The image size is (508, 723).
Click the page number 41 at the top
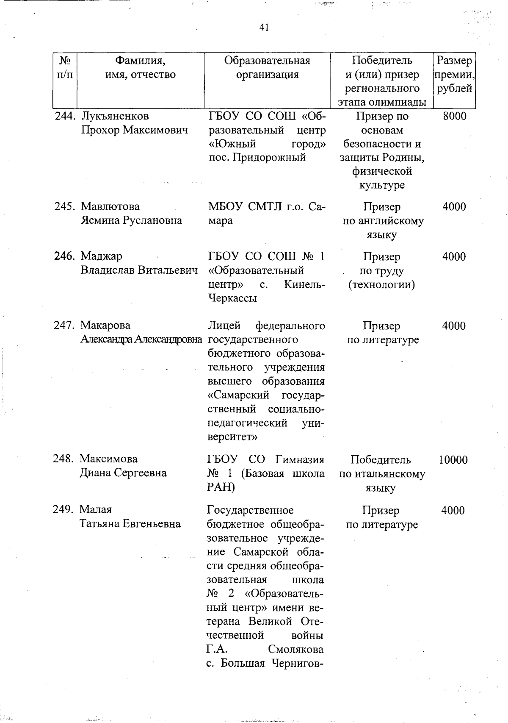[x=264, y=28]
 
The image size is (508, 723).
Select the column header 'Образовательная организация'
[x=267, y=68]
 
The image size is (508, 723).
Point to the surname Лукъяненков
[x=115, y=116]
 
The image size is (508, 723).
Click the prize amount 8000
[x=454, y=116]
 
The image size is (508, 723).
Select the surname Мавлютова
[x=110, y=207]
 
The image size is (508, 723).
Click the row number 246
[x=65, y=256]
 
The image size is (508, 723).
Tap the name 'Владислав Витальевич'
[x=139, y=270]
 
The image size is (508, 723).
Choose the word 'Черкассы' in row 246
[x=232, y=298]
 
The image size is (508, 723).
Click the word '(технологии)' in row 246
[x=381, y=285]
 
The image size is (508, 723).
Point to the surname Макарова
[x=105, y=325]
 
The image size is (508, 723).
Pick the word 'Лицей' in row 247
[x=224, y=325]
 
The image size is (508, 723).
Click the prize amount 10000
[x=453, y=460]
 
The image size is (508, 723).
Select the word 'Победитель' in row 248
[x=381, y=460]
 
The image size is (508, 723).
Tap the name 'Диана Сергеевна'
[x=123, y=473]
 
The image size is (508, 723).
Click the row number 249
[x=64, y=510]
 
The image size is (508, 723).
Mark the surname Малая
[x=96, y=510]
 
